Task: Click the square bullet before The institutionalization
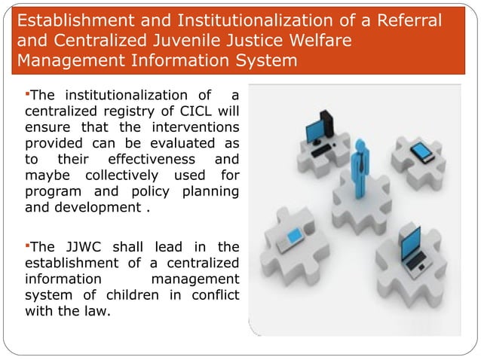pos(28,94)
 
